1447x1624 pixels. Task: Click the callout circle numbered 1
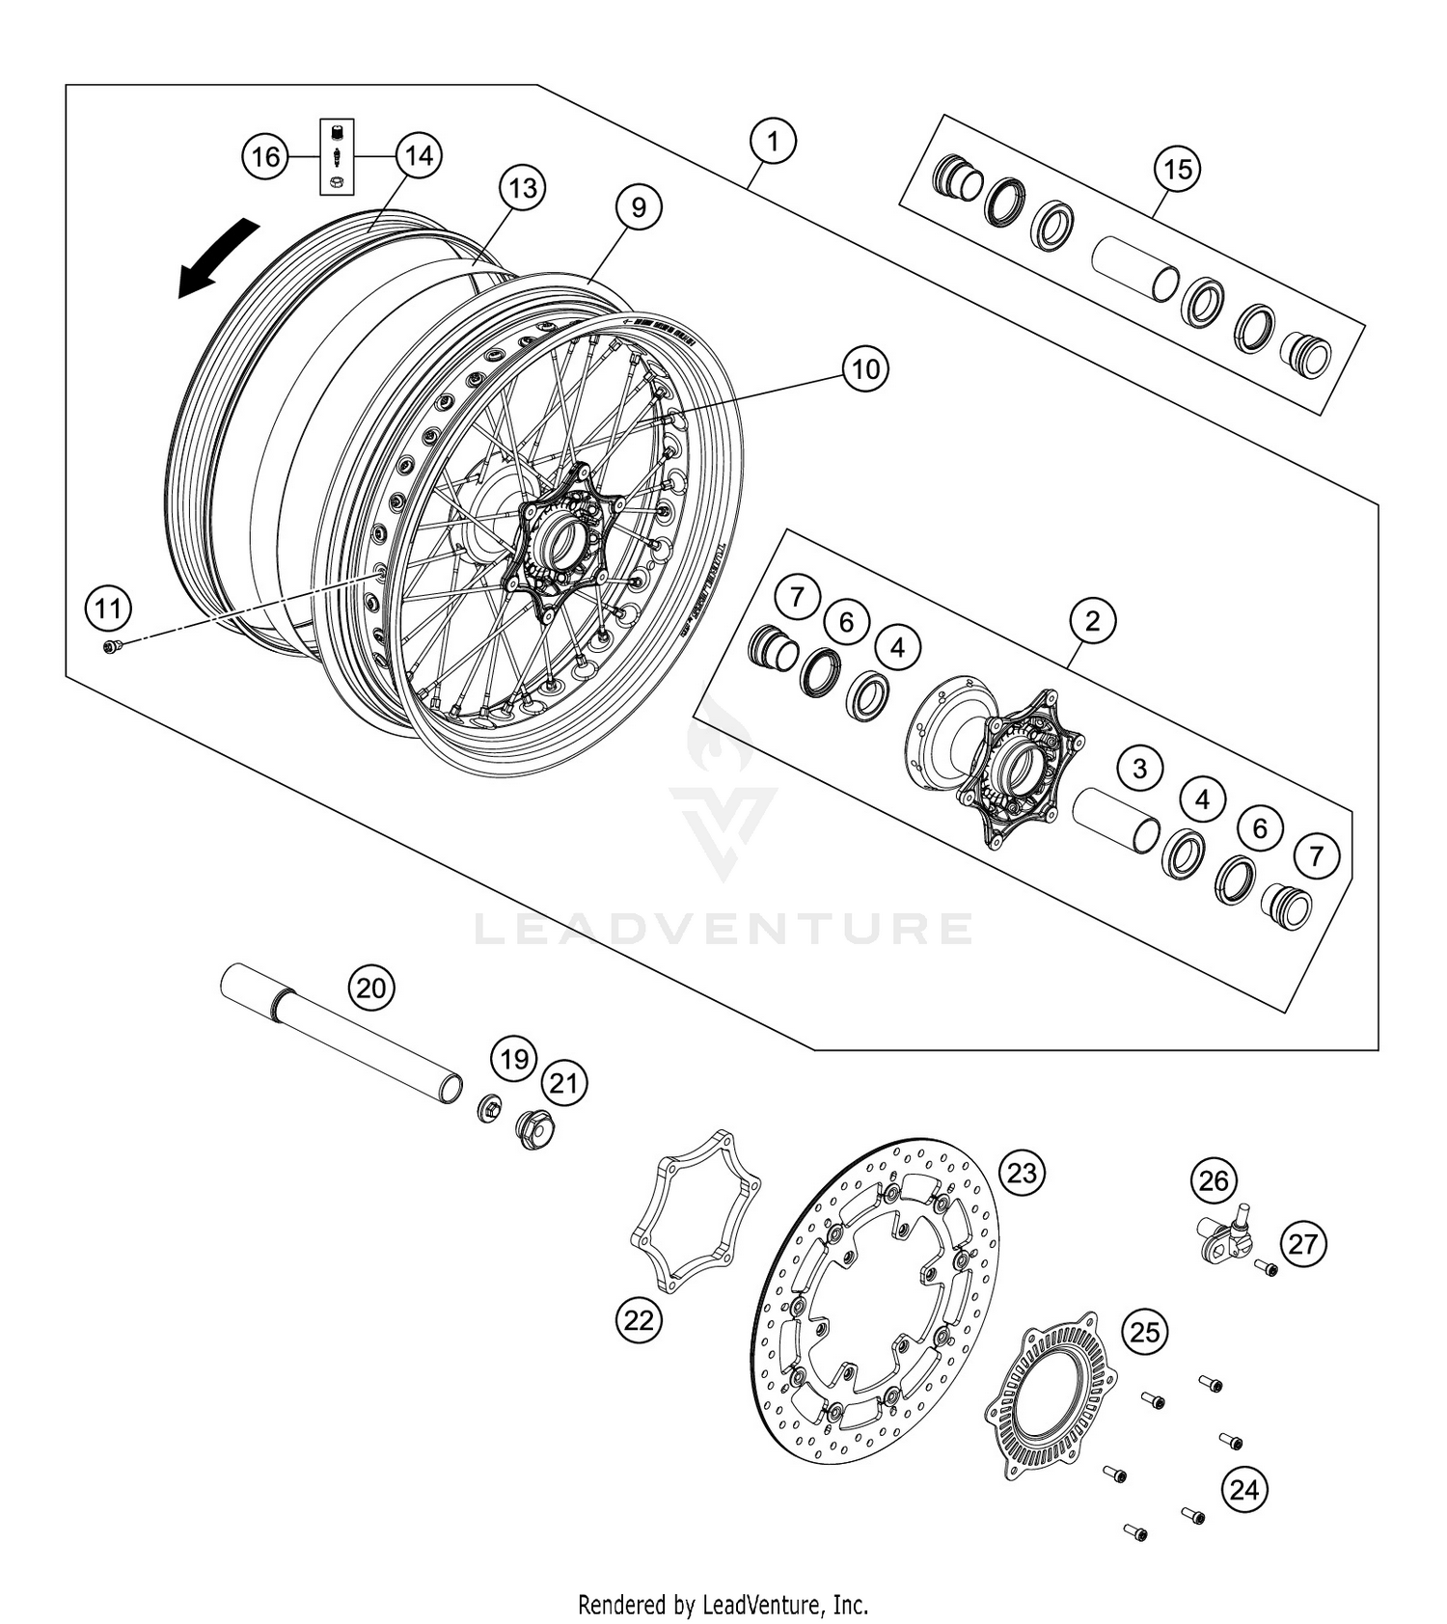pos(773,142)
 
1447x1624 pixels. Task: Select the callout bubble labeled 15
pos(1177,170)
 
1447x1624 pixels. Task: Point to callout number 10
pos(865,368)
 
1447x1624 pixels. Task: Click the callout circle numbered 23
pos(1022,1173)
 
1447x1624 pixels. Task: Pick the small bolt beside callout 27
pos(1266,1268)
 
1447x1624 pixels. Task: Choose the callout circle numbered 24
pos(1244,1490)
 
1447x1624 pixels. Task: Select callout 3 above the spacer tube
pos(1140,769)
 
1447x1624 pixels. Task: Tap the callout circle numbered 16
pos(265,156)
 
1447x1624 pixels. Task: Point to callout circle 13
pos(522,187)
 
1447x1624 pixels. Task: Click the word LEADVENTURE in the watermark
pos(723,929)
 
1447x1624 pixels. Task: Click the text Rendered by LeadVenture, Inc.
pos(723,1605)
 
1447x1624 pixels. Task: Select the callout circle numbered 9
pos(640,206)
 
